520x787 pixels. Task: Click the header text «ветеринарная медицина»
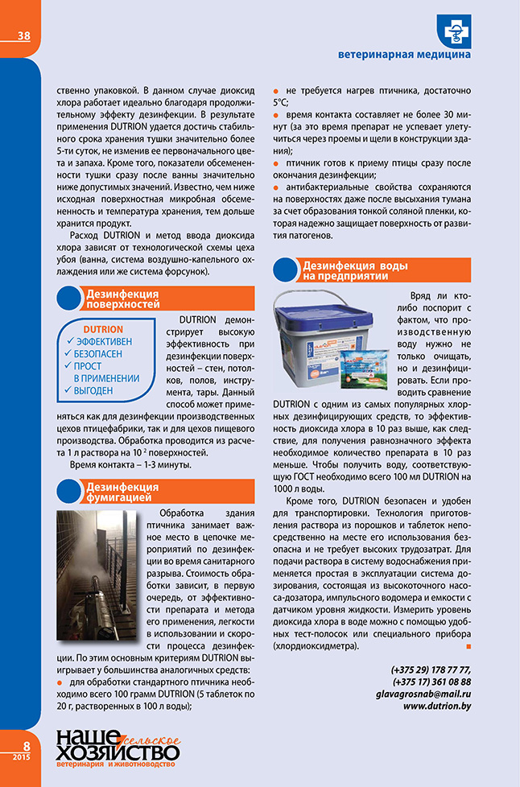click(404, 56)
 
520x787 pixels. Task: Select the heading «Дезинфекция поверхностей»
click(122, 299)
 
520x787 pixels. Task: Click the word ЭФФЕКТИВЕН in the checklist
click(103, 341)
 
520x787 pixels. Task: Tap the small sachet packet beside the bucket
click(367, 369)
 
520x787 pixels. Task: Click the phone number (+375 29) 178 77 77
click(431, 670)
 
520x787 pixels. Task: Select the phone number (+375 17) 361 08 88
click(431, 682)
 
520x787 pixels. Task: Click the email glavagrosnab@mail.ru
click(426, 694)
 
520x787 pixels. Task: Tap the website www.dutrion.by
click(437, 706)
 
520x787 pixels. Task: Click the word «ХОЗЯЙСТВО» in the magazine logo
click(118, 752)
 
